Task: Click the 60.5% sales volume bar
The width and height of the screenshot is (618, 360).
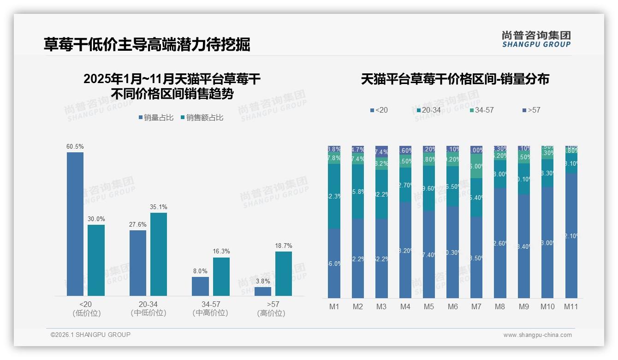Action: click(x=75, y=224)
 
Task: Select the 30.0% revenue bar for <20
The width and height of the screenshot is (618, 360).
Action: click(x=96, y=260)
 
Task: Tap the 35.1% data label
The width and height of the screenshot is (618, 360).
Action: click(x=159, y=207)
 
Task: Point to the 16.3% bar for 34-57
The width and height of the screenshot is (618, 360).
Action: click(x=221, y=276)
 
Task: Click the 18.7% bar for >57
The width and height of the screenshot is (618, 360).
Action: click(x=284, y=274)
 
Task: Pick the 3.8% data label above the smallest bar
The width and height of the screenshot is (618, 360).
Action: click(x=263, y=281)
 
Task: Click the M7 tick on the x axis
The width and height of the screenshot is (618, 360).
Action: click(x=476, y=306)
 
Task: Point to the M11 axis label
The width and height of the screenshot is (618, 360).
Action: click(x=571, y=306)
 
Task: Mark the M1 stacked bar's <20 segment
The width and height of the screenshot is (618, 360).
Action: click(x=334, y=263)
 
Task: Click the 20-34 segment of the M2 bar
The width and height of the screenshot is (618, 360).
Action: click(x=358, y=192)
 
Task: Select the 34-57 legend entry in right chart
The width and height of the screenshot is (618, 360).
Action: click(x=481, y=110)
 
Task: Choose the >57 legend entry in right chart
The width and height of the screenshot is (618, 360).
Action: click(x=531, y=110)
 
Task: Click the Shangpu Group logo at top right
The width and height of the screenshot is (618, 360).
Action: click(x=536, y=39)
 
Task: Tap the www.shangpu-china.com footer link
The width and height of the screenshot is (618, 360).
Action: click(x=537, y=335)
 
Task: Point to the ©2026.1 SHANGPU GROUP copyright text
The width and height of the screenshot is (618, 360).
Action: click(x=90, y=335)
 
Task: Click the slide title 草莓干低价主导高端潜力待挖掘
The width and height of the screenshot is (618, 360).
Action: click(x=147, y=44)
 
